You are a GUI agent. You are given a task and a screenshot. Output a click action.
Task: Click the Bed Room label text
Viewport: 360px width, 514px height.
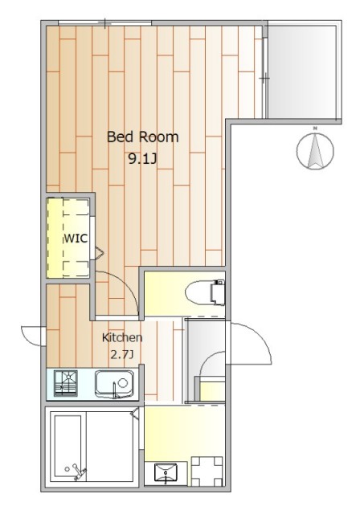tap(142, 137)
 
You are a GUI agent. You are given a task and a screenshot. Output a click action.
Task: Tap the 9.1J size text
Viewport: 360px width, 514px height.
tap(142, 159)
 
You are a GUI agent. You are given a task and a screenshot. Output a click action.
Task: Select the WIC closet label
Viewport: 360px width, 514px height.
tap(76, 239)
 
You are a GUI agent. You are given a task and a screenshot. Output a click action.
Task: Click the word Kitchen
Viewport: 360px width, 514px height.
tap(122, 337)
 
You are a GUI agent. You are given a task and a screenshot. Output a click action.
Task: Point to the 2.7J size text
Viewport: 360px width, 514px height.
tap(122, 354)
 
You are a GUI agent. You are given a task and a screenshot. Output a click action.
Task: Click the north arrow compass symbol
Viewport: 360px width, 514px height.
tap(315, 150)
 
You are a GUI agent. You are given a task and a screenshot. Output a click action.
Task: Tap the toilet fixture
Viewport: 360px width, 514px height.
tap(205, 292)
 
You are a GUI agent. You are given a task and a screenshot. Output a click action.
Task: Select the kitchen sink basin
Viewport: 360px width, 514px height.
tap(114, 384)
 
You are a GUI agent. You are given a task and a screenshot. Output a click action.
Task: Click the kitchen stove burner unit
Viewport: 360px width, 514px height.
tap(66, 383)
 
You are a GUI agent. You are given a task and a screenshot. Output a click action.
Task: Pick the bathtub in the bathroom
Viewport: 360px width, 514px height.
tap(67, 447)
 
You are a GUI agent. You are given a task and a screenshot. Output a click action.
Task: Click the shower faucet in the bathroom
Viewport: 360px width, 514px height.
tap(76, 471)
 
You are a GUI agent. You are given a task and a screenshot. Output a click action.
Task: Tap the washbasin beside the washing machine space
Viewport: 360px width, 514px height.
tap(166, 473)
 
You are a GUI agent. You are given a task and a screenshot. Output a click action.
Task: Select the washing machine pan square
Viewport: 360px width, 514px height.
tap(207, 471)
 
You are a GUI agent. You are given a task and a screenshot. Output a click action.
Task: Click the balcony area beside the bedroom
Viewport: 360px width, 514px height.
tap(302, 71)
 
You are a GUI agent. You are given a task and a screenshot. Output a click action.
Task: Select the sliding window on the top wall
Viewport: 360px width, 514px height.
tap(105, 23)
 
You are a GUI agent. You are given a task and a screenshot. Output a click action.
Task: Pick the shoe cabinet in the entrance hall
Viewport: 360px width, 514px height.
tap(212, 390)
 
